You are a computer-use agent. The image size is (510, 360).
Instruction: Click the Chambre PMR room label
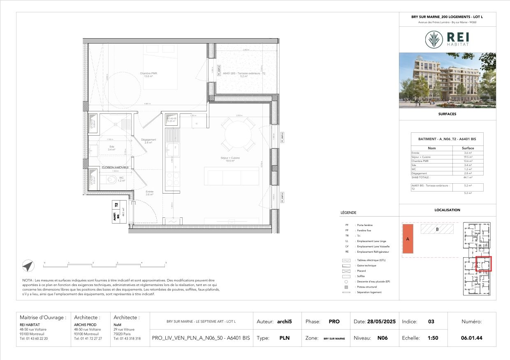tap(148, 74)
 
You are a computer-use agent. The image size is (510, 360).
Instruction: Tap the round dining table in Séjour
tap(237, 134)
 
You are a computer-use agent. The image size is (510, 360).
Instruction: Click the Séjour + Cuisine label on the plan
tap(230, 158)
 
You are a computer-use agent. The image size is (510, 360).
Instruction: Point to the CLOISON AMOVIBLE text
tap(115, 168)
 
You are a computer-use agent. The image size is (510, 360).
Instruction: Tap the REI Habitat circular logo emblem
tap(433, 40)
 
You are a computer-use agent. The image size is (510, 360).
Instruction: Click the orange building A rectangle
tap(408, 239)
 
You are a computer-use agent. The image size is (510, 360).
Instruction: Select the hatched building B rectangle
tap(437, 229)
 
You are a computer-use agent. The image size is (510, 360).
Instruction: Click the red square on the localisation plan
tap(484, 263)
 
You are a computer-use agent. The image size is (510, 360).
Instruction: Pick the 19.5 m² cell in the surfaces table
tap(468, 157)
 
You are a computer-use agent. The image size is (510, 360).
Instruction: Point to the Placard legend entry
tap(361, 271)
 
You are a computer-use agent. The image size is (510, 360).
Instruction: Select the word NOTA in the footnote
tap(28, 280)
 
